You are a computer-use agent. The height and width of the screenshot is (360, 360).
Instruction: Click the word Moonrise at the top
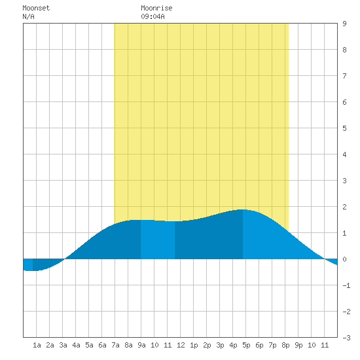156,8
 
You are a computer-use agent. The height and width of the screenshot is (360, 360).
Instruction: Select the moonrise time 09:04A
153,16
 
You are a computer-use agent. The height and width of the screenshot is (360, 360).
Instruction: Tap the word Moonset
36,8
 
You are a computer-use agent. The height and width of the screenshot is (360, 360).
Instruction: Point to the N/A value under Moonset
28,16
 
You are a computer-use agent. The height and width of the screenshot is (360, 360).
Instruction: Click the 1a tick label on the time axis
37,345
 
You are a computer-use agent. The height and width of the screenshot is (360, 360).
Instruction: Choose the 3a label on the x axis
63,345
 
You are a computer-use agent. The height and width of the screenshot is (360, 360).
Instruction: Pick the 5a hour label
89,345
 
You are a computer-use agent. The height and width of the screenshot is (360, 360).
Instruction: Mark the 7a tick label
115,345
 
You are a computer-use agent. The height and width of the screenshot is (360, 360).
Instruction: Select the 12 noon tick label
181,345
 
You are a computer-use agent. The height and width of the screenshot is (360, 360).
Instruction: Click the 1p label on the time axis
194,345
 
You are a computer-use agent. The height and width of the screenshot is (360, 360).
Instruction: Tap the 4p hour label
233,345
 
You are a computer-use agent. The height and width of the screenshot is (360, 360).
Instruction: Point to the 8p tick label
285,345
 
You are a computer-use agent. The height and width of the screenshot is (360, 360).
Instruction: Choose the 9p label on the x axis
298,345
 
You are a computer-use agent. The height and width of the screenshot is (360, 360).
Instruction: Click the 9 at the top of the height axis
344,24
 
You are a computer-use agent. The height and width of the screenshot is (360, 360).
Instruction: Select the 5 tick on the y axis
344,128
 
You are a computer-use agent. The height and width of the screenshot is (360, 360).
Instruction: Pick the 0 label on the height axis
344,259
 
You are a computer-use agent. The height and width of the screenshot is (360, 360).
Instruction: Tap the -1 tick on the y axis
346,285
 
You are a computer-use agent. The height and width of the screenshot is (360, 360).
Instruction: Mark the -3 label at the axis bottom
346,338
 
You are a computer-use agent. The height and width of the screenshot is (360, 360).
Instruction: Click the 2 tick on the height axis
344,207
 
